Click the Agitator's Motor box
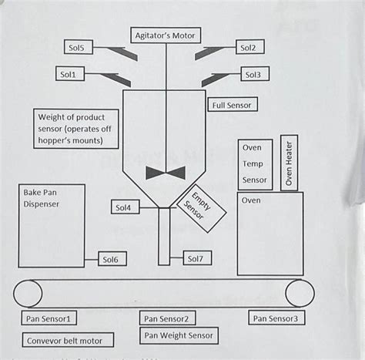168,35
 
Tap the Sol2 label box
248,48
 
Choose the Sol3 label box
253,75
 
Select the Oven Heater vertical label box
289,163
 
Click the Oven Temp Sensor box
255,163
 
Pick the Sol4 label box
123,207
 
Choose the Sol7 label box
196,259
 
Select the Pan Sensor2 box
169,318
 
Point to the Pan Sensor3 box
278,317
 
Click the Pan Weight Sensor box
179,335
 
